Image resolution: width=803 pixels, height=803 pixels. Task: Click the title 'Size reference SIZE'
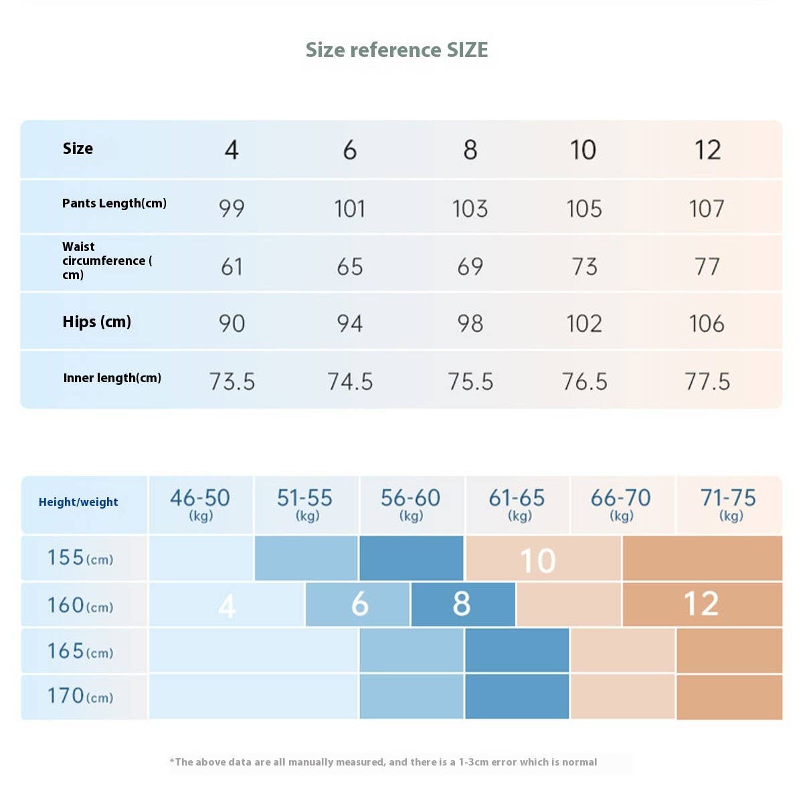[397, 50]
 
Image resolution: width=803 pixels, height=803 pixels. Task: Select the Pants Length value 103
[470, 209]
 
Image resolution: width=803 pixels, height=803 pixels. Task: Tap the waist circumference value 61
[232, 267]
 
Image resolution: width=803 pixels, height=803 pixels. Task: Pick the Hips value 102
[584, 324]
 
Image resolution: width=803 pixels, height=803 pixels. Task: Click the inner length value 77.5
[707, 382]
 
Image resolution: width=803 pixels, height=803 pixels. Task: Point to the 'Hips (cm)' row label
[97, 322]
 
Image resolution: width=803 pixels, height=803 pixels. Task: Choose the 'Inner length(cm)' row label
[112, 378]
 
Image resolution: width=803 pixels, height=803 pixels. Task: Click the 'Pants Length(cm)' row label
[114, 203]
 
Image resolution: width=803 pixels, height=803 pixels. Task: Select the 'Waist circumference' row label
[107, 260]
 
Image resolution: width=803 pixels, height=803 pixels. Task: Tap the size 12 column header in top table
[707, 150]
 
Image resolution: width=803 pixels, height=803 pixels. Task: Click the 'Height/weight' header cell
[78, 503]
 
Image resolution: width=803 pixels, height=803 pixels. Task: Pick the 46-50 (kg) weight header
[200, 504]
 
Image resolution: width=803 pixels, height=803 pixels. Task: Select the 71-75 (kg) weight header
[728, 504]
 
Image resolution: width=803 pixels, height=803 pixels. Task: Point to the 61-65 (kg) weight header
[517, 504]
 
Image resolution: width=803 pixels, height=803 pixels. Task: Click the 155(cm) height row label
[80, 558]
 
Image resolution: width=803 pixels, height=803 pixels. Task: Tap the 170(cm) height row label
[80, 697]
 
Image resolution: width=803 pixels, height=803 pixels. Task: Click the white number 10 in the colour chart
[538, 561]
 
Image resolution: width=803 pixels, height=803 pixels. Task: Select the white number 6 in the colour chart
[360, 604]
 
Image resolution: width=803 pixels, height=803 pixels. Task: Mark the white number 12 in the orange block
[701, 604]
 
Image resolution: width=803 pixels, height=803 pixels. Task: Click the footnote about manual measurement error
[383, 762]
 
